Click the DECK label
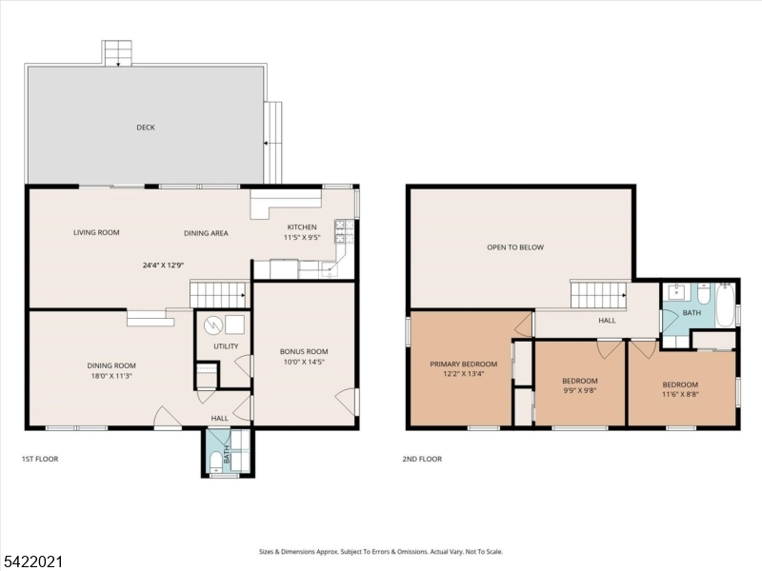tap(146, 128)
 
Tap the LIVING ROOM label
tap(96, 232)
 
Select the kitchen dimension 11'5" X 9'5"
tap(302, 238)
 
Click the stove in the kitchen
tap(344, 231)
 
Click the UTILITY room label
tap(226, 346)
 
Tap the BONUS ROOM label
tap(304, 351)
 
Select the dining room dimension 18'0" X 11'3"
tap(111, 375)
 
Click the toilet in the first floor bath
tap(216, 462)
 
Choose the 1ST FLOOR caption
tap(40, 459)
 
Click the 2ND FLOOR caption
tap(422, 459)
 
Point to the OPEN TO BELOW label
tap(515, 247)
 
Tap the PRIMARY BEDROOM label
tap(464, 364)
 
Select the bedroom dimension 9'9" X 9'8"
tap(580, 390)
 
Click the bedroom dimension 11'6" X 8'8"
tap(680, 394)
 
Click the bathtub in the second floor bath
tap(725, 305)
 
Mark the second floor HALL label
tap(607, 321)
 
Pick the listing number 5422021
tap(31, 562)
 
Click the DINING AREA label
tap(206, 233)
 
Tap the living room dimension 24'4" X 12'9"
tap(163, 266)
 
